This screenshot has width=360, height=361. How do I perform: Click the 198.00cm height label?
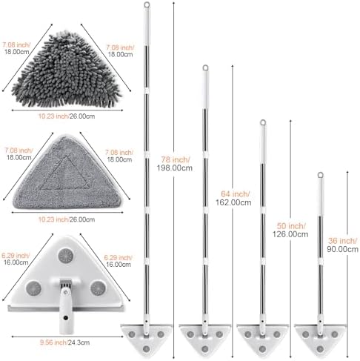[x=174, y=168]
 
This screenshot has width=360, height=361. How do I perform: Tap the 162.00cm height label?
[x=233, y=202]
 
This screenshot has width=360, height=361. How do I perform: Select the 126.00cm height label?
[x=290, y=234]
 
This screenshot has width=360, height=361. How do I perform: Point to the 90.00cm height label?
[x=342, y=249]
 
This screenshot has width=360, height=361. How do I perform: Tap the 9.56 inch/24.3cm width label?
[x=64, y=342]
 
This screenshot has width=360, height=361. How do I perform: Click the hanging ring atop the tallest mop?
[x=147, y=4]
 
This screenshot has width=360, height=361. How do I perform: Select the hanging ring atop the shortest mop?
[x=320, y=175]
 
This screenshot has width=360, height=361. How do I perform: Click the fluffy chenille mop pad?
[x=66, y=70]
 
